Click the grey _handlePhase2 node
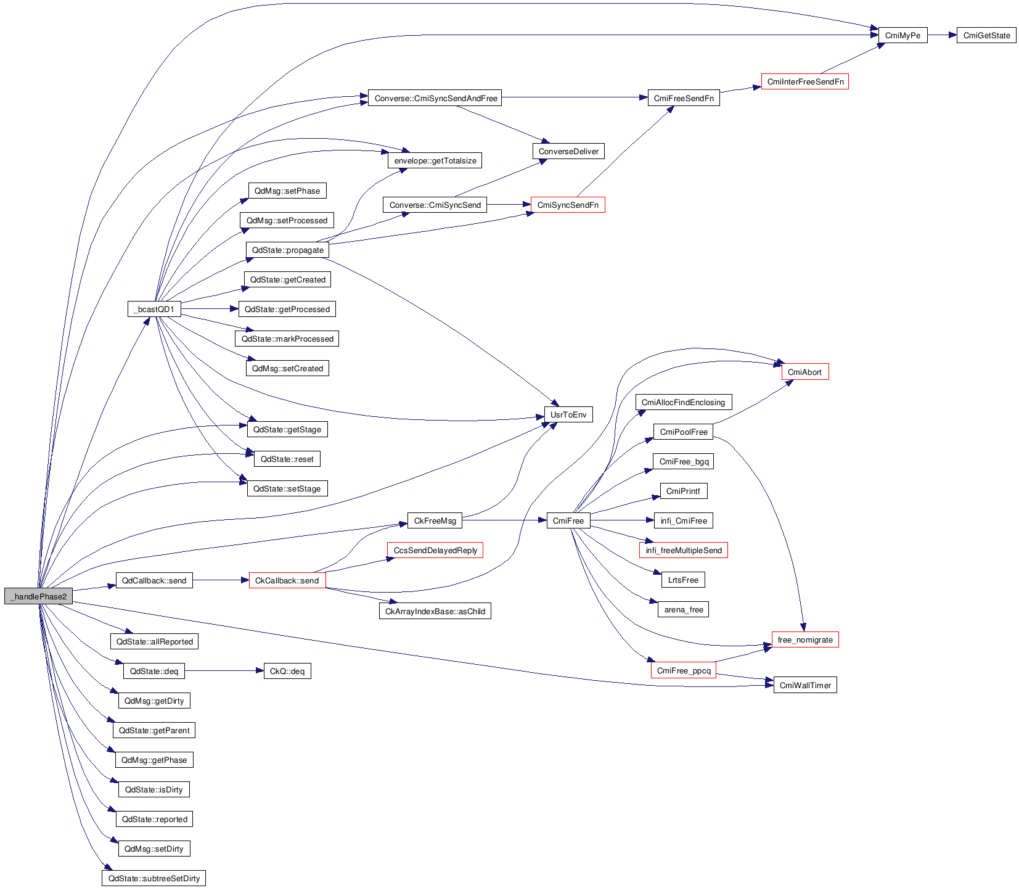[x=38, y=596]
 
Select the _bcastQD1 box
[x=154, y=309]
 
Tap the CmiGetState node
[x=986, y=35]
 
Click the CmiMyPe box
[x=902, y=35]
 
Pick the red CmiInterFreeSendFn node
[x=805, y=81]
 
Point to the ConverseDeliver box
[x=568, y=151]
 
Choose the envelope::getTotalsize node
[x=435, y=160]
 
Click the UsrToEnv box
[x=568, y=414]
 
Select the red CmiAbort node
[x=804, y=372]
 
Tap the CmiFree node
[x=568, y=520]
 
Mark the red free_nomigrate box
[x=805, y=639]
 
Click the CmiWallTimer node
[x=805, y=685]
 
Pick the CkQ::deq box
[x=287, y=671]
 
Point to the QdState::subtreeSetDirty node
[x=153, y=878]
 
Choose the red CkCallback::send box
[x=287, y=580]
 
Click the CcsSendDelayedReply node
[x=435, y=550]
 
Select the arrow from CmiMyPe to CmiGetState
[x=942, y=35]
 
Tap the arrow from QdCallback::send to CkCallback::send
[x=221, y=580]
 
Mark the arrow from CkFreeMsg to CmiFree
[x=504, y=520]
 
